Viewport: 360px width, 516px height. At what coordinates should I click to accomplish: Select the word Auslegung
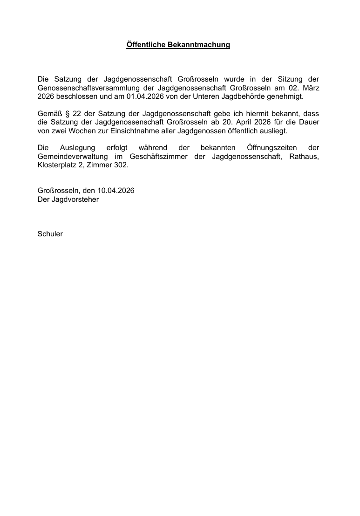(x=76, y=148)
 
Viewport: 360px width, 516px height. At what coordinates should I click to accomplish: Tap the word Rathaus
(x=304, y=157)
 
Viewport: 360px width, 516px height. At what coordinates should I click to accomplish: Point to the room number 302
(x=121, y=165)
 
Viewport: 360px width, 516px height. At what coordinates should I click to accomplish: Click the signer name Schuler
(x=50, y=234)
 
